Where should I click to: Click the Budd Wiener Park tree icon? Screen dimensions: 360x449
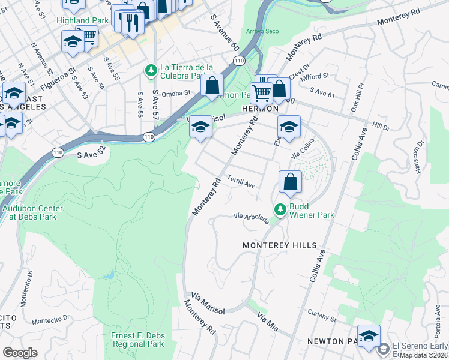[x=279, y=209]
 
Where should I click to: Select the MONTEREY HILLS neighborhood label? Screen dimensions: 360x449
[x=279, y=246]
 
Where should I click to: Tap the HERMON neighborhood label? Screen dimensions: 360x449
[x=260, y=109]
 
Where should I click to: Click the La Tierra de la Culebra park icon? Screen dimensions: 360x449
[x=150, y=71]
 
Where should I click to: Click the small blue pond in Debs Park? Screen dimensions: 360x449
[x=108, y=275]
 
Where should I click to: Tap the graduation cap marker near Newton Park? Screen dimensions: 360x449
[x=369, y=335]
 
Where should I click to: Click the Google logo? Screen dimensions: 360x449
[x=20, y=353]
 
